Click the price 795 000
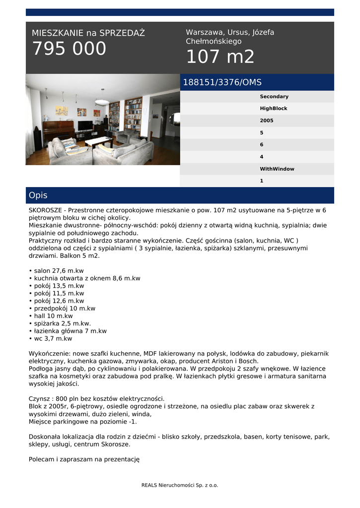coord(69,49)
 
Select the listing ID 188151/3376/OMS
coord(222,82)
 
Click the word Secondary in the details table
coord(274,97)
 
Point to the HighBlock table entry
coord(273,109)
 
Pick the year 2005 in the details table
coord(266,121)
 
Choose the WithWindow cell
coord(277,169)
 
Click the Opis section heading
coord(38,195)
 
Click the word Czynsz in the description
coord(40,399)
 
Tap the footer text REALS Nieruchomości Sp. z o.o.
coord(180,485)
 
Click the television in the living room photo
coord(85,125)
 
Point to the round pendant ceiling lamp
coord(102,102)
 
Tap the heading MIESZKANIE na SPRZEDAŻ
coord(88,33)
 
